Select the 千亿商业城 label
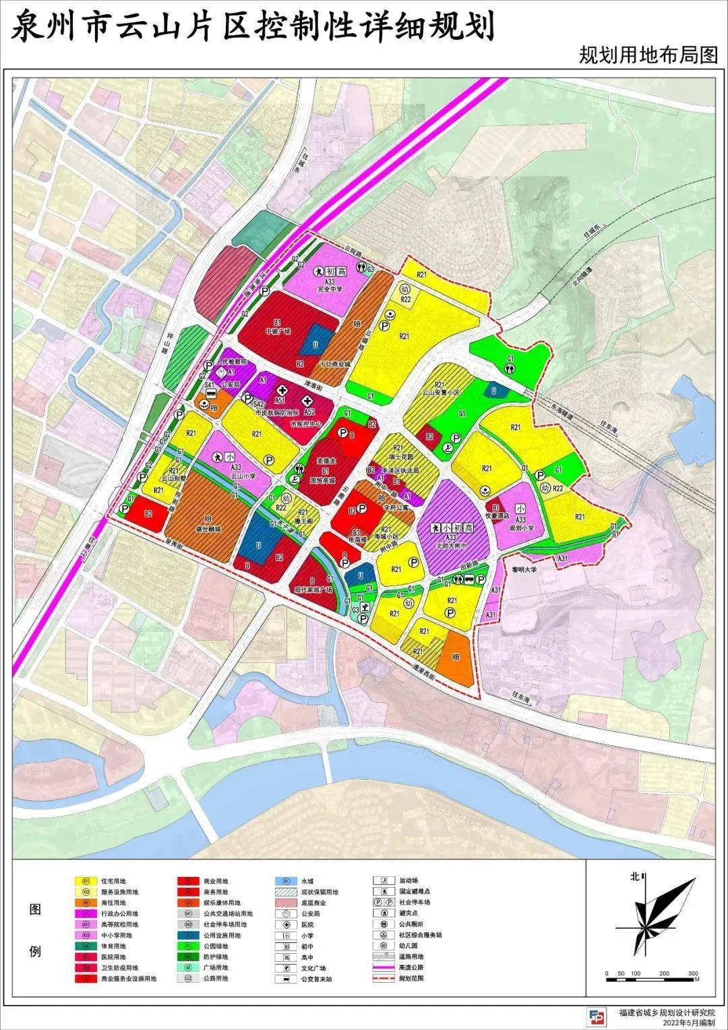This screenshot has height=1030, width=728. coord(335,364)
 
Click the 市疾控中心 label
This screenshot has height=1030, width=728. coord(303,425)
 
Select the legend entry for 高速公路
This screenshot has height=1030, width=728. coord(411,967)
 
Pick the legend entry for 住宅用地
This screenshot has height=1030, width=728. coord(113,881)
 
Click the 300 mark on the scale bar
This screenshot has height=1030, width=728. coord(694,973)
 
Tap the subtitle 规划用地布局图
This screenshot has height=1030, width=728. coord(648,55)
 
